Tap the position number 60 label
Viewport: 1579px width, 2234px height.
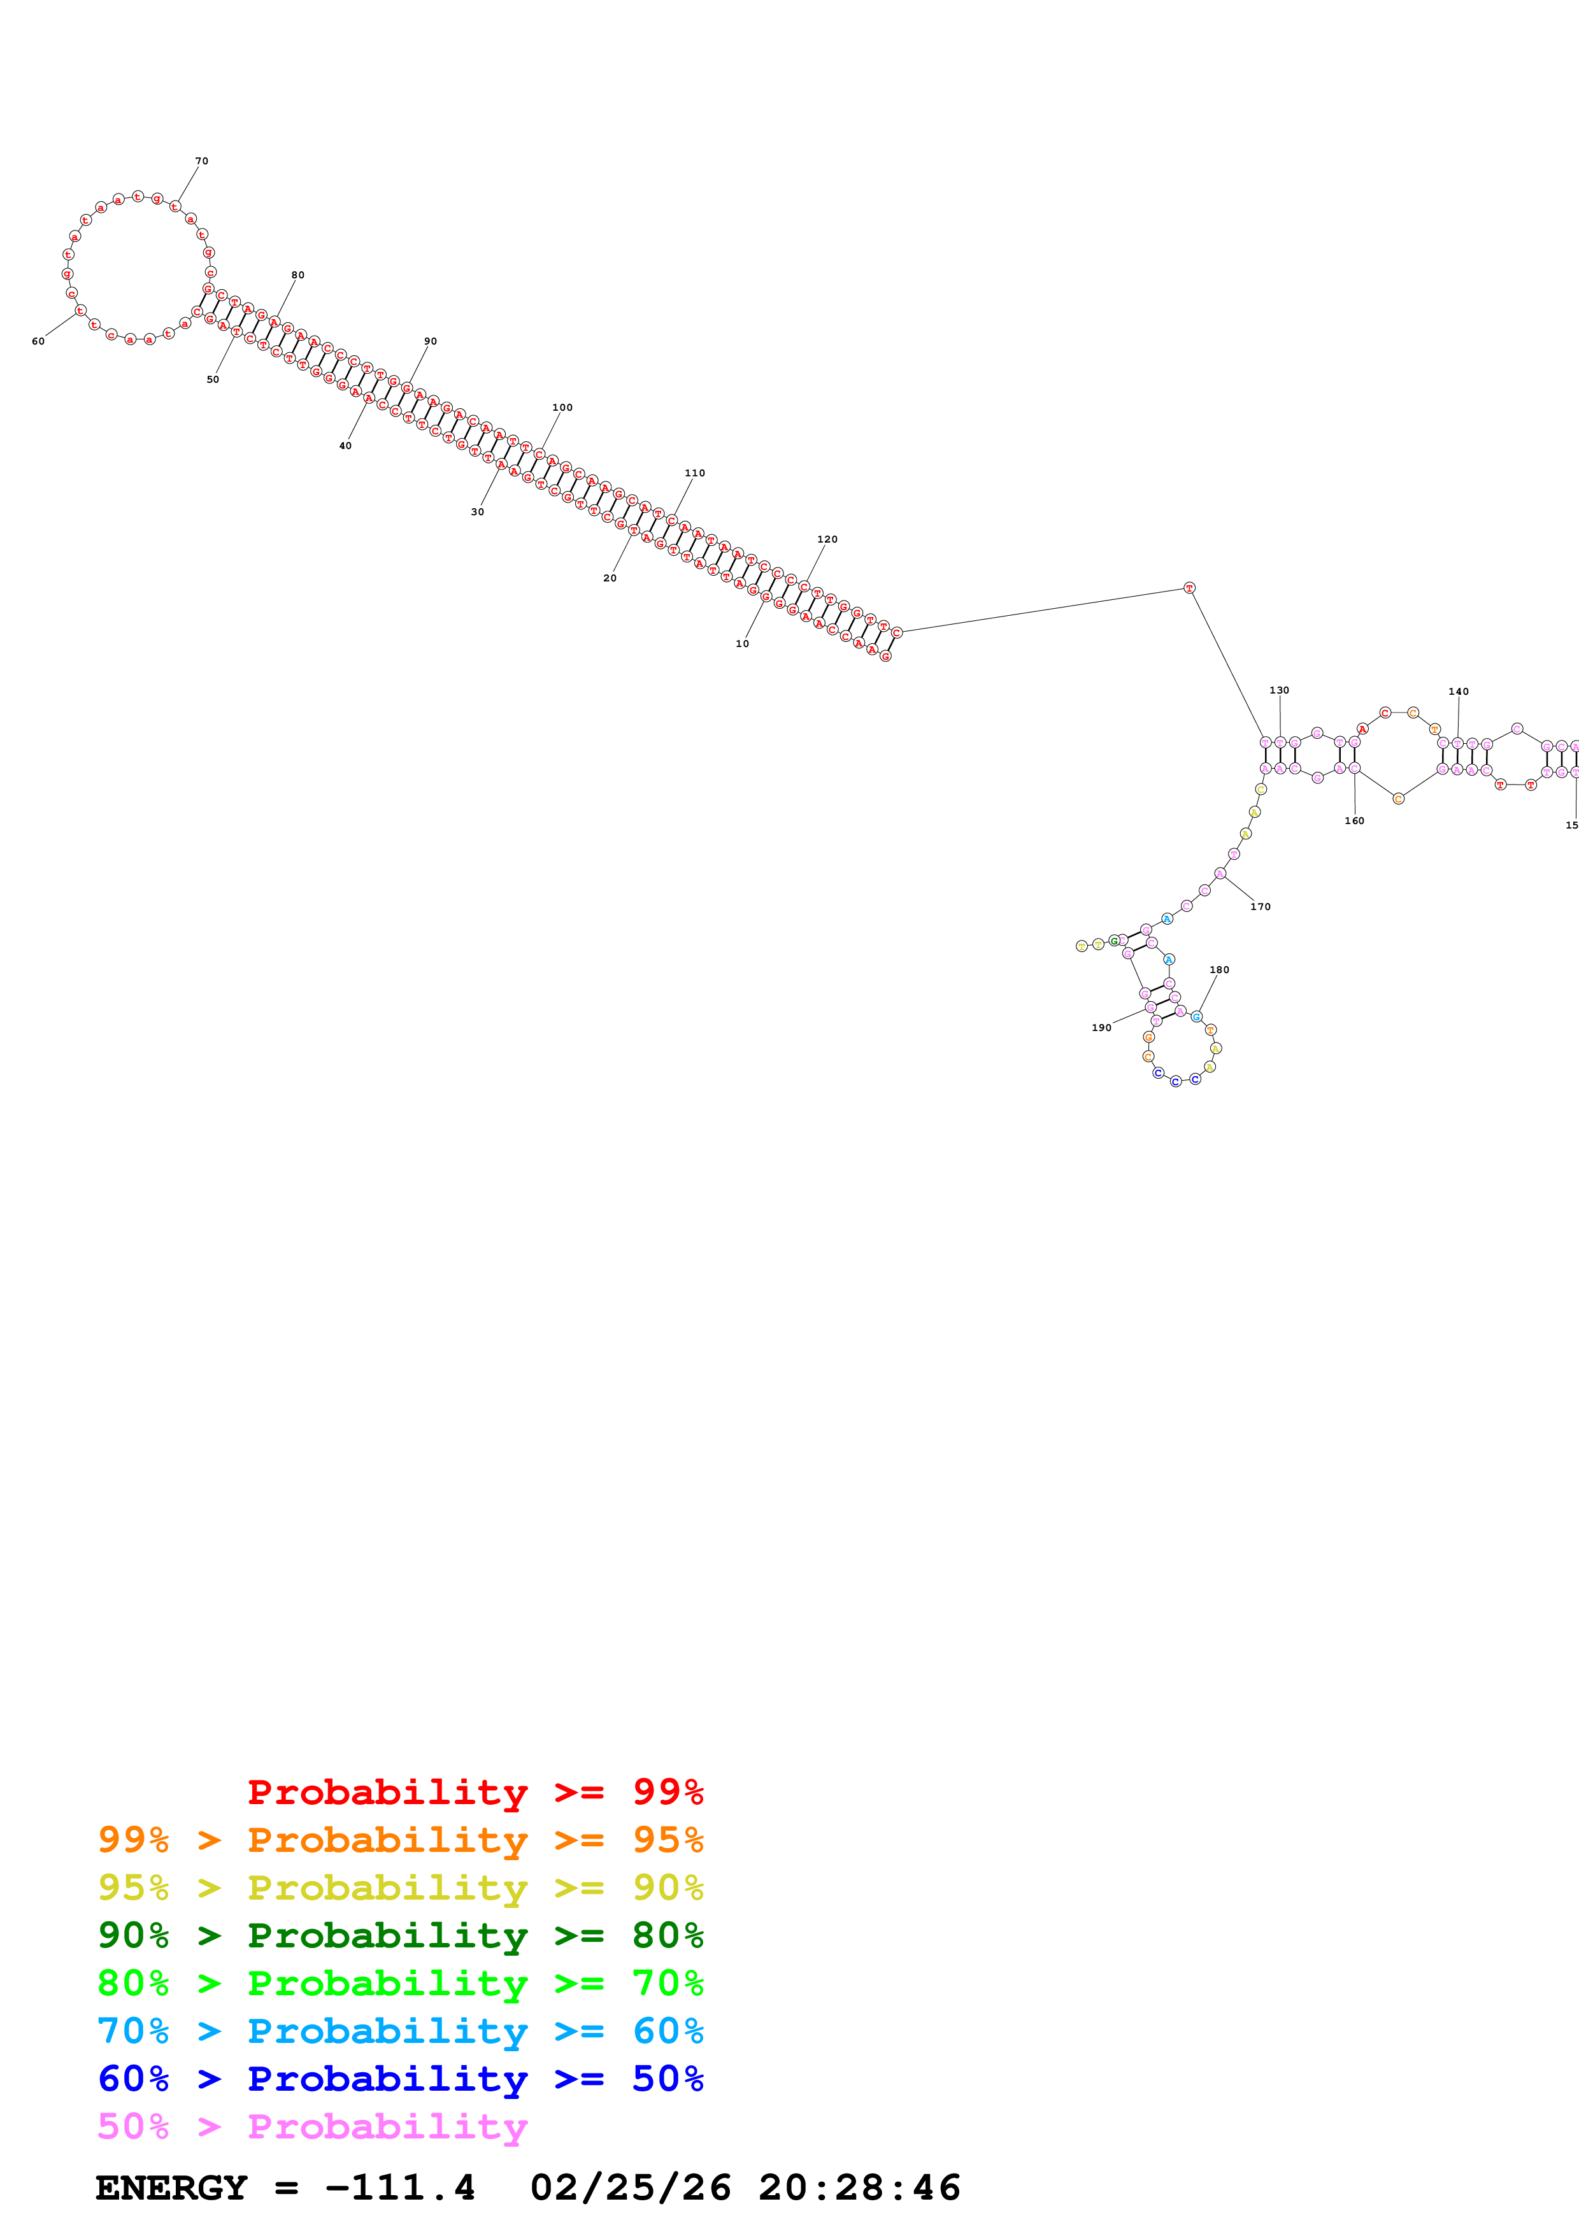point(38,341)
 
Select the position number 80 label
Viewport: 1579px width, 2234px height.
point(297,275)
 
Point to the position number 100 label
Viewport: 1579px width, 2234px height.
point(562,408)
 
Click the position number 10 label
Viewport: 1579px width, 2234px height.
point(742,644)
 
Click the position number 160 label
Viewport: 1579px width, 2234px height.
point(1354,822)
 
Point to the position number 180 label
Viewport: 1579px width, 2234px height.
point(1219,970)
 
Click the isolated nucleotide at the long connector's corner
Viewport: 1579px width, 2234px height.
point(1189,588)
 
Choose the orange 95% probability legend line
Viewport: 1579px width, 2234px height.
point(401,1840)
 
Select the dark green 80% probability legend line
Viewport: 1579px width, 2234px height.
point(401,1935)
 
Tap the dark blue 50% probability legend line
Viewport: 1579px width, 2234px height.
point(401,2079)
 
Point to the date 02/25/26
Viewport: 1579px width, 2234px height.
point(631,2188)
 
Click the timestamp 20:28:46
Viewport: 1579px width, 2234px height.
point(860,2188)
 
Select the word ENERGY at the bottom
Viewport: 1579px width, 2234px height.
point(171,2188)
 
